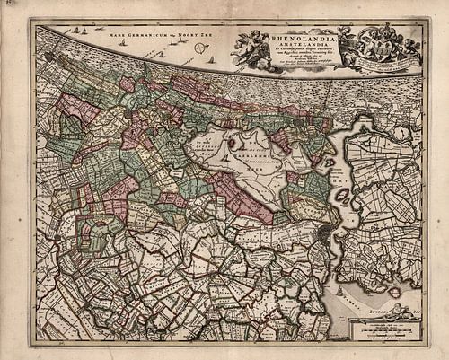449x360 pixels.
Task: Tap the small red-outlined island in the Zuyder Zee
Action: pos(394,292)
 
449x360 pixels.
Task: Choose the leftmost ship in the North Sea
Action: pos(66,31)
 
